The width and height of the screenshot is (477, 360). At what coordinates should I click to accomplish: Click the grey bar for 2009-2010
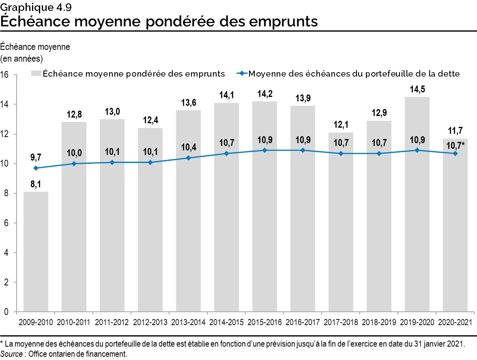coord(36,251)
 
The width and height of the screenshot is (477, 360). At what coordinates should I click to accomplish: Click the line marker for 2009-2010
coord(36,168)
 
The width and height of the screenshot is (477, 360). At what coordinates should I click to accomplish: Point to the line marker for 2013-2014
coord(188,158)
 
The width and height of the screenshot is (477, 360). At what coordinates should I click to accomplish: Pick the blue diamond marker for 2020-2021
coord(455,153)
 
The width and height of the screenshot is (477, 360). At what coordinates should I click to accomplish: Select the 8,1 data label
coord(36,184)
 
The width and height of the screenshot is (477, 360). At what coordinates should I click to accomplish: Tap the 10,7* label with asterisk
coord(456,145)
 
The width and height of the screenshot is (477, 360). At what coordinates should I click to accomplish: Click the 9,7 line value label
coord(36,156)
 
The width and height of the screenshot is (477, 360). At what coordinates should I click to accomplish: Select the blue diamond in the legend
coord(242,74)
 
